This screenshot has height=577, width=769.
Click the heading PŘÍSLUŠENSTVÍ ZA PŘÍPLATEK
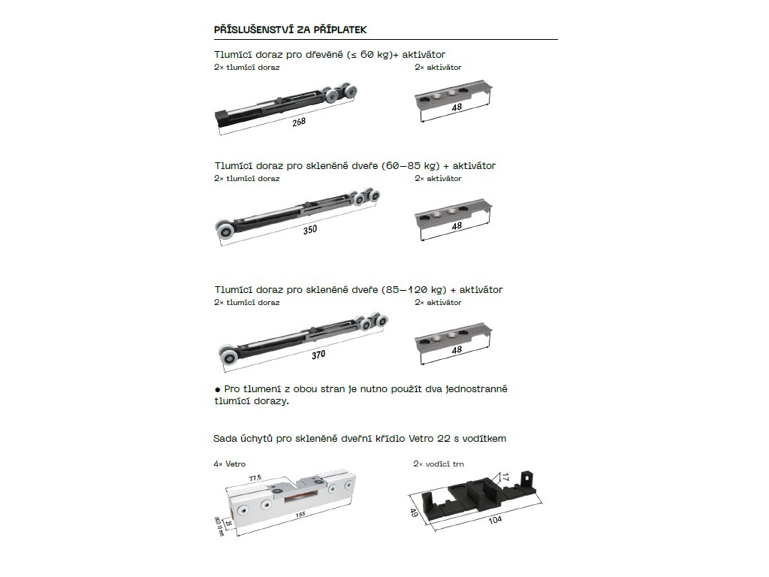pyautogui.click(x=290, y=29)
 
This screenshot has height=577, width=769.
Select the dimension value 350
pyautogui.click(x=310, y=230)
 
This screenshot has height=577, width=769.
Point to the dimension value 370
pyautogui.click(x=318, y=355)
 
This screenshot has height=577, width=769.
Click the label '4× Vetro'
pyautogui.click(x=229, y=464)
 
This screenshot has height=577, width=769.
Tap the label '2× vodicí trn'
pyautogui.click(x=439, y=464)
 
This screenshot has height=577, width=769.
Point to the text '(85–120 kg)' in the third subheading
pyautogui.click(x=414, y=289)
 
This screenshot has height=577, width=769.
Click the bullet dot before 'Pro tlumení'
pyautogui.click(x=217, y=389)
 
